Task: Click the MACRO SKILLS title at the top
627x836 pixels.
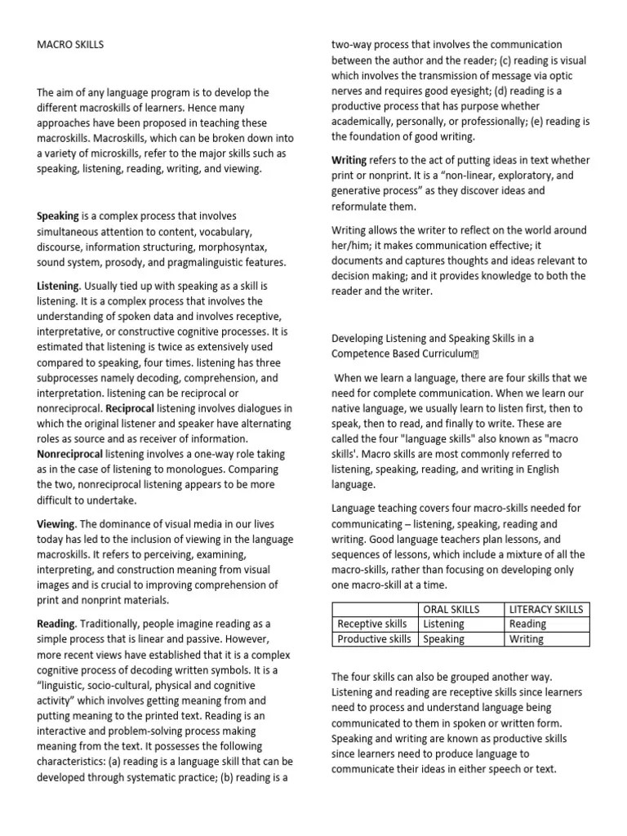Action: [x=70, y=44]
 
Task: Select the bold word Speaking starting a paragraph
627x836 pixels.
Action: [x=58, y=216]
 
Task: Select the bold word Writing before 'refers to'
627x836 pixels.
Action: [x=349, y=160]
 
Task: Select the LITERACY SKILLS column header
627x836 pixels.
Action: [x=545, y=609]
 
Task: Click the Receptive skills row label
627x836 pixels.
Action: [x=372, y=624]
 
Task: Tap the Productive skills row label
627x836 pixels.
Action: [x=375, y=639]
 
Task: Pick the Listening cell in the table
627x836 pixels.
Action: [x=445, y=624]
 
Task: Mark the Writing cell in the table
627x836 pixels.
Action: [x=527, y=639]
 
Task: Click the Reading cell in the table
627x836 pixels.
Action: [x=527, y=624]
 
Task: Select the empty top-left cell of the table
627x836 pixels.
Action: [x=375, y=609]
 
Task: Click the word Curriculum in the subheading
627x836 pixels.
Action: [x=442, y=354]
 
